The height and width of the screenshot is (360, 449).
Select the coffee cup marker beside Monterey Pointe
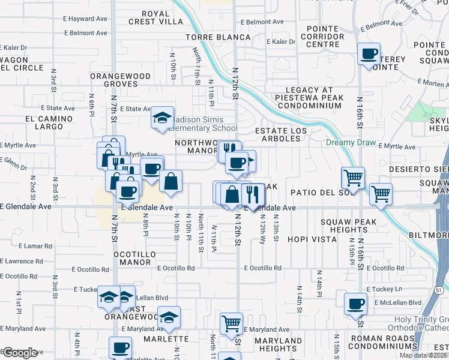369,55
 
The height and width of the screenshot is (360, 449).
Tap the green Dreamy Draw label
351,143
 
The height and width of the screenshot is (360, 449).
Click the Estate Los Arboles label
281,134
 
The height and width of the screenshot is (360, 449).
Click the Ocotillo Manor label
132,258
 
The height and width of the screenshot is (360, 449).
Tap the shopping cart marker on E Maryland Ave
231,323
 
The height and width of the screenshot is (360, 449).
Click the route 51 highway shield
439,290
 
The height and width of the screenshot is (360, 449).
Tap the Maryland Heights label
279,344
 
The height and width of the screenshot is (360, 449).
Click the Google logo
20,353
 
